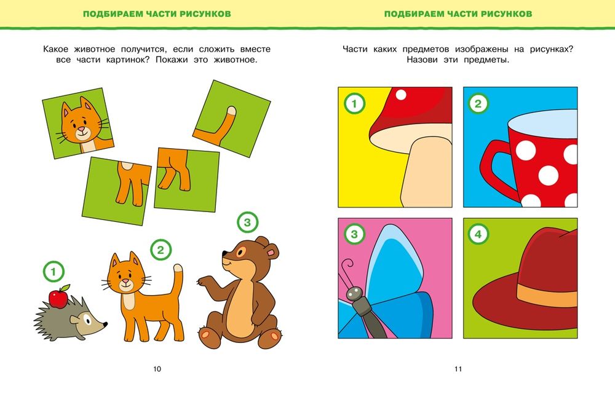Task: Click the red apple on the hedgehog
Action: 58,298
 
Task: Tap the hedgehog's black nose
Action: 106,324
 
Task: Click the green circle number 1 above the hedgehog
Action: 54,272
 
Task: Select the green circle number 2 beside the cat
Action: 161,250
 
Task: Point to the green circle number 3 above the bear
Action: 247,223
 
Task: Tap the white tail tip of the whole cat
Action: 178,268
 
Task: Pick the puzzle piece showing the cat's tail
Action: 231,119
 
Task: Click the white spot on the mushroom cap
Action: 401,95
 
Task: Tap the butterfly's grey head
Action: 355,293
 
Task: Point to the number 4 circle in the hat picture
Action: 478,235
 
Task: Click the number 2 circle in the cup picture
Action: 478,103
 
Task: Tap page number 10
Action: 157,369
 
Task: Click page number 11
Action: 458,369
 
